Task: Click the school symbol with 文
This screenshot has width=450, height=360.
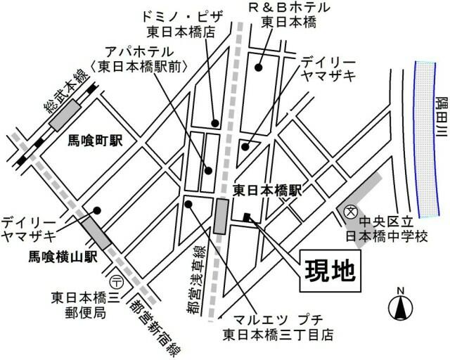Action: pyautogui.click(x=349, y=211)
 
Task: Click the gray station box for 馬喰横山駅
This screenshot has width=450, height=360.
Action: pyautogui.click(x=96, y=233)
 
